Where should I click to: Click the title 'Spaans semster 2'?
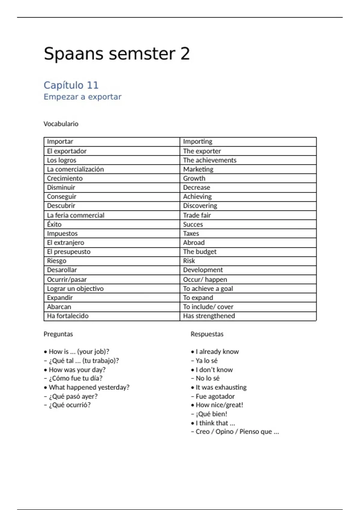117,54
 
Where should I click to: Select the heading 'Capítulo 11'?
71,85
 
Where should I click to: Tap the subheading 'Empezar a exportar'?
82,97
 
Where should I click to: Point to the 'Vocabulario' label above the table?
61,124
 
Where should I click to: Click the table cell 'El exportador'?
67,151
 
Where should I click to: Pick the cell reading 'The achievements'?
210,160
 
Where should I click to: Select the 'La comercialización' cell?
75,169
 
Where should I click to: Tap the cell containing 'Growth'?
194,178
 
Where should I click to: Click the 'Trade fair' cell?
197,215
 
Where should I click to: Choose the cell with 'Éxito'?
54,224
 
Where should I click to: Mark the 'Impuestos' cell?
62,233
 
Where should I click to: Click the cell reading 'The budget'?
200,252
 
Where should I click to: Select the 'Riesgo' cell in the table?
57,261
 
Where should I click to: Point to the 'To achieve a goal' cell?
208,289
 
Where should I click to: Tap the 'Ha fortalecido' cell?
68,316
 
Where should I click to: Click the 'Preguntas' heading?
58,334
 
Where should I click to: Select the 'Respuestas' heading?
207,334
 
